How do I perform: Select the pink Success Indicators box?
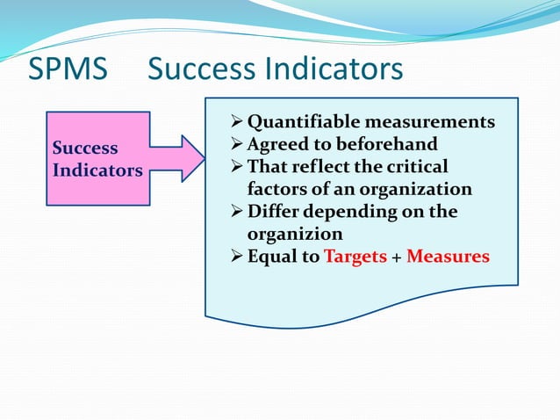point(97,159)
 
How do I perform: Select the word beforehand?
point(388,144)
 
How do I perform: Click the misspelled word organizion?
point(295,235)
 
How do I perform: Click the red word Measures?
point(448,257)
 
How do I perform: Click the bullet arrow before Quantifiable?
point(237,121)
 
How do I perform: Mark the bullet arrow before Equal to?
point(237,257)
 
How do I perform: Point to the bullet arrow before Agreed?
point(237,144)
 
